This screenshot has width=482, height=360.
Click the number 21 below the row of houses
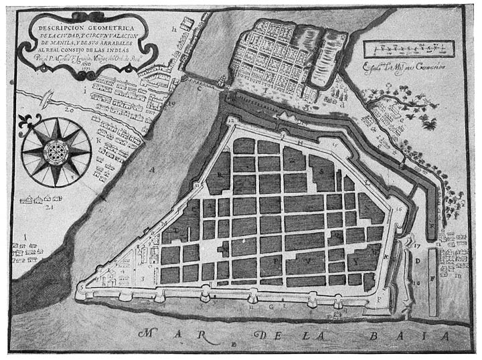coord(48,208)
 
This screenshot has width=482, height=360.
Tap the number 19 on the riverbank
coord(171,104)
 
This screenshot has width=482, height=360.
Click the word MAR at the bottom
coord(161,333)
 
